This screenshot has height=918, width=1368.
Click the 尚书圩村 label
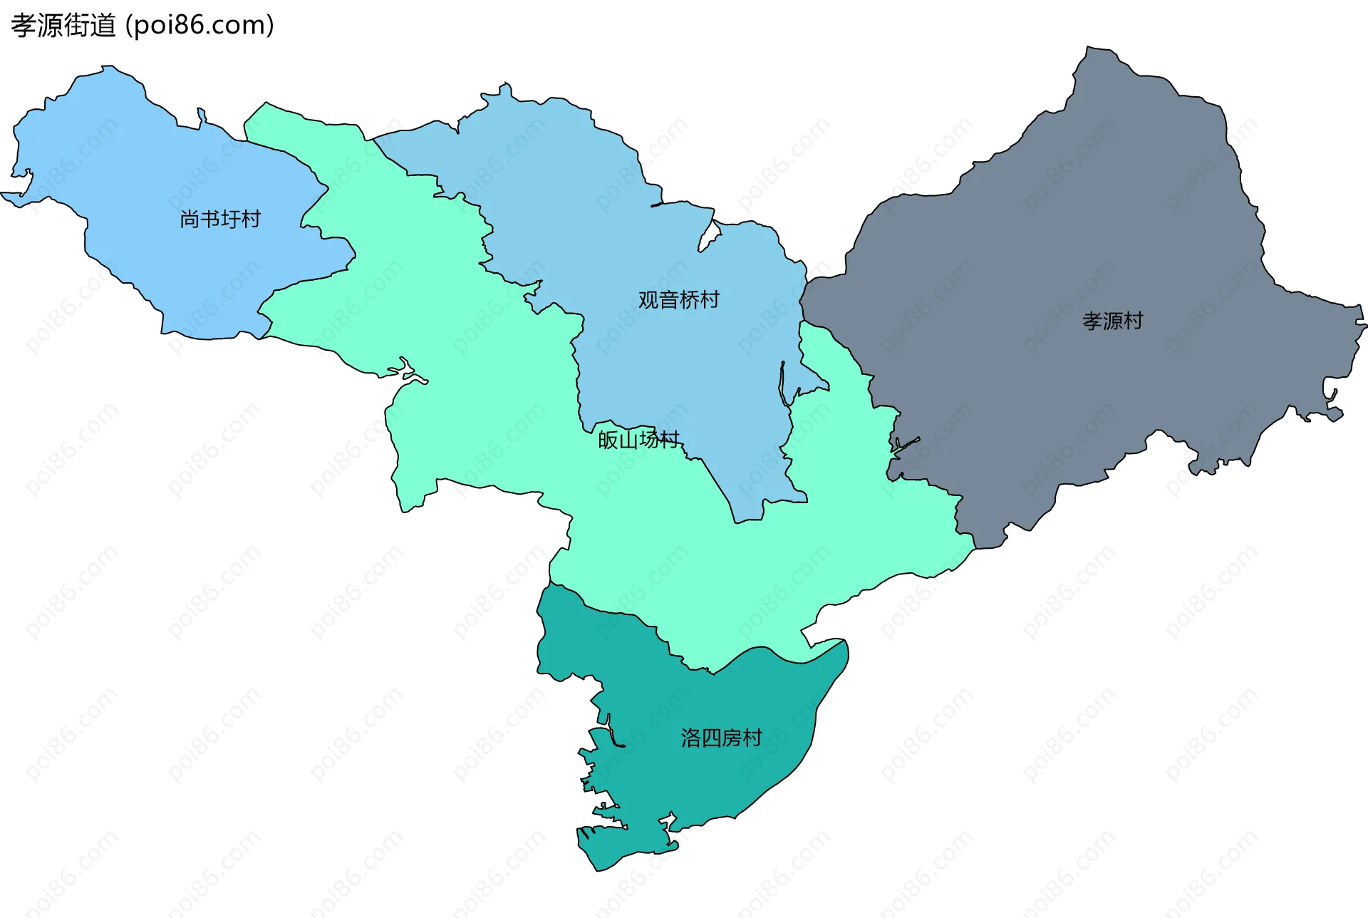click(220, 219)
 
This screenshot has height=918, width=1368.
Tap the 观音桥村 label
click(678, 300)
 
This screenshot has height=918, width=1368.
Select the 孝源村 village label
click(1112, 321)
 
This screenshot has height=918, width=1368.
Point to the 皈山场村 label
click(638, 440)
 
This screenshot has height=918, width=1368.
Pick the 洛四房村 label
click(721, 738)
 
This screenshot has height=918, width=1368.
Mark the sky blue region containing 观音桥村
click(570, 178)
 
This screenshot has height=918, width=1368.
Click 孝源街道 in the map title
click(63, 26)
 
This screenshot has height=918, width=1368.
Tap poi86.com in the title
click(199, 26)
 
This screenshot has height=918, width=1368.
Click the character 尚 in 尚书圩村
click(190, 219)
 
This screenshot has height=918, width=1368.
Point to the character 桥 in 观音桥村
click(689, 300)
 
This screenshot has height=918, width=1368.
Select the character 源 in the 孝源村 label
click(1112, 321)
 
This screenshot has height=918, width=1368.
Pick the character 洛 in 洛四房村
click(690, 738)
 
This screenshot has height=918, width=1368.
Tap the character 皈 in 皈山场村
click(608, 440)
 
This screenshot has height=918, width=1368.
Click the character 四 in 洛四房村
click(711, 738)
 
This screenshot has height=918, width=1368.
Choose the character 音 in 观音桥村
click(668, 300)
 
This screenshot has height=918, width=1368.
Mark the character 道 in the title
click(103, 26)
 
